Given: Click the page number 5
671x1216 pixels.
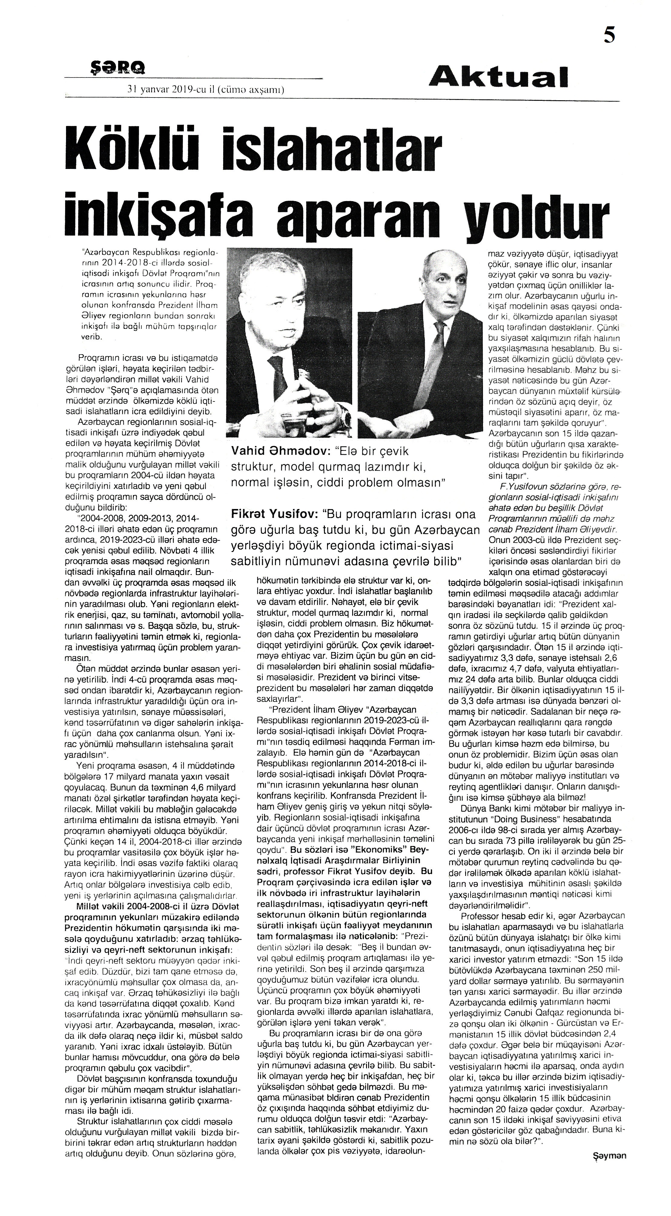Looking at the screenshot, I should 609,36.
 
